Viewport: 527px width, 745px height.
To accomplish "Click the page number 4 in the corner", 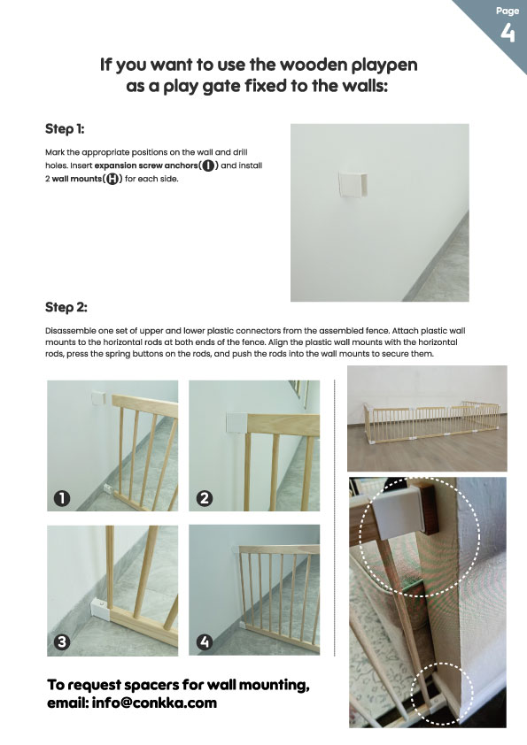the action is (508, 33).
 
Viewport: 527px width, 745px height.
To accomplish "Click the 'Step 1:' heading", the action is (65, 129).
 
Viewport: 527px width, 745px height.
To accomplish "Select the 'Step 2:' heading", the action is (66, 307).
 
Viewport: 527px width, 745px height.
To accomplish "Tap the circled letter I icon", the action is (208, 165).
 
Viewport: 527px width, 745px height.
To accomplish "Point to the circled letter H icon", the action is (112, 179).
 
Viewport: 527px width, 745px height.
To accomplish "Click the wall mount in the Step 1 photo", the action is (353, 184).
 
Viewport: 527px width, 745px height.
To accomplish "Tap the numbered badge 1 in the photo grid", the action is (62, 498).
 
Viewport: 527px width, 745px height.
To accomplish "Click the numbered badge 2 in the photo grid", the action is (205, 498).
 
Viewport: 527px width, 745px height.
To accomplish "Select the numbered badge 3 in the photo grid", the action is (62, 642).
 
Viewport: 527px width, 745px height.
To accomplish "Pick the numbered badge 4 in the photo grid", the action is (205, 642).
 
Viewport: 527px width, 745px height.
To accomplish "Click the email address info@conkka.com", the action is (154, 703).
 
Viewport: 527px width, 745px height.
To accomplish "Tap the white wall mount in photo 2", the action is (236, 423).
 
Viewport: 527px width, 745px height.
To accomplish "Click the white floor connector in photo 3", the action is (101, 610).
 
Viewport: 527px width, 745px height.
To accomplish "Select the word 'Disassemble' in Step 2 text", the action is (67, 331).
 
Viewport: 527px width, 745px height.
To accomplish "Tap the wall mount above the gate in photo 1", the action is (98, 397).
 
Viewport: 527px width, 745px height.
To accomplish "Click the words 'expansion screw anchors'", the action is (146, 165).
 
